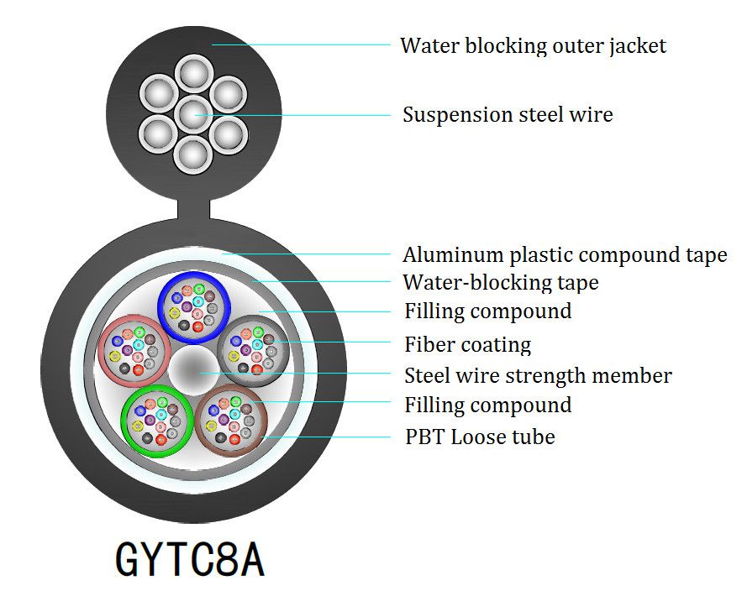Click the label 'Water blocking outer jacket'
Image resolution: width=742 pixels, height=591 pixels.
[x=533, y=45]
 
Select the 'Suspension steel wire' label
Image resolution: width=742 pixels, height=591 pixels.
[x=508, y=115]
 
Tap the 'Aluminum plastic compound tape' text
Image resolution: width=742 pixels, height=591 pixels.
[x=565, y=255]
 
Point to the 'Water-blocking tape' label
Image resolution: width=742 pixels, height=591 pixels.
[x=501, y=283]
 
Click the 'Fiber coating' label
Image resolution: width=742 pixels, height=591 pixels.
[x=467, y=344]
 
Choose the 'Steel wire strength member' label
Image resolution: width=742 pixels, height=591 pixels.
[x=538, y=375]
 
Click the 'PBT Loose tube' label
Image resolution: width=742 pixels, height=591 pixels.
[x=480, y=437]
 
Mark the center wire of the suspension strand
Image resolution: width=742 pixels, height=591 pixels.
[x=193, y=112]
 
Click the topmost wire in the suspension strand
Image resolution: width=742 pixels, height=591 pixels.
[x=193, y=75]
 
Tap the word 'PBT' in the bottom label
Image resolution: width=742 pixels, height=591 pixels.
[x=423, y=437]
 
